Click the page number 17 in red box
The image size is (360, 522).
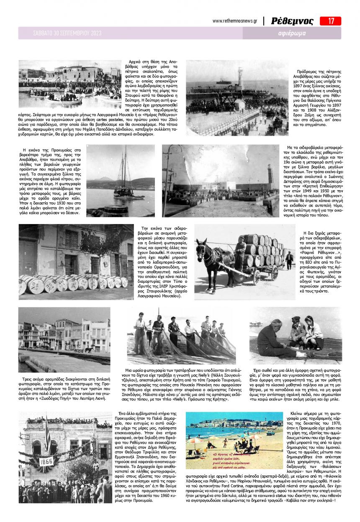tap(330, 21)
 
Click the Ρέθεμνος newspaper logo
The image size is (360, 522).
tap(292, 21)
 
